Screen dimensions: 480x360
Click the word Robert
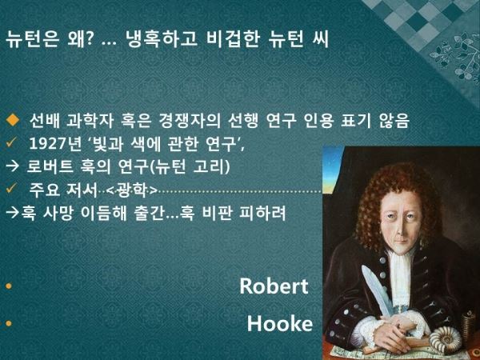274,286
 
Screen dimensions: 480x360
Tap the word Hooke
280,323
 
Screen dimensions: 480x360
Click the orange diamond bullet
13,120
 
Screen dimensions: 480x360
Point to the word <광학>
132,190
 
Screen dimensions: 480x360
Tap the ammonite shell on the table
446,339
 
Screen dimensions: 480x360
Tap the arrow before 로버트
13,167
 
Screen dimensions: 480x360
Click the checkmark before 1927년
11,143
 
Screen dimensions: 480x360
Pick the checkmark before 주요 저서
11,190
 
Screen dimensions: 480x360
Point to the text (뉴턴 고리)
190,167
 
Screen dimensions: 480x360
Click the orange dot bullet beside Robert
9,286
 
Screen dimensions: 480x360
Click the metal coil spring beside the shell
469,326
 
